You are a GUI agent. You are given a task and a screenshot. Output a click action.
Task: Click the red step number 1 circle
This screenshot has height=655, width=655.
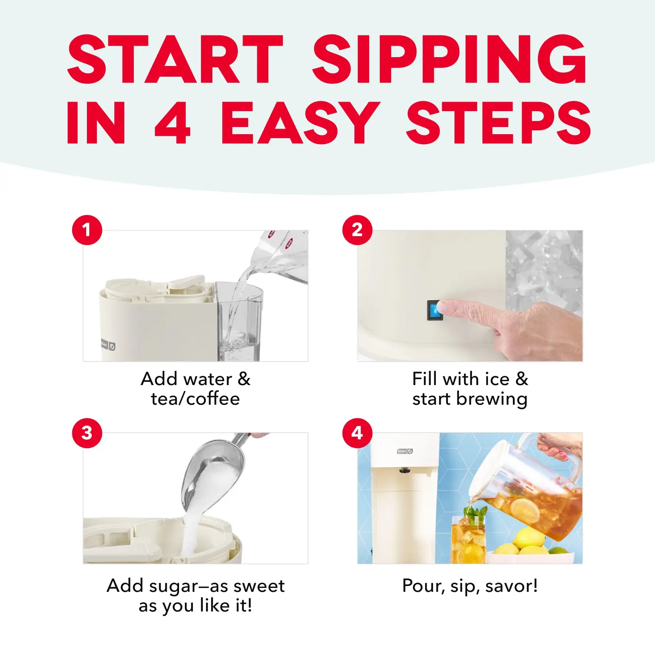click(87, 230)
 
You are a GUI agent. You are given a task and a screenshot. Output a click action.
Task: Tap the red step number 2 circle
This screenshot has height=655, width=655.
click(357, 230)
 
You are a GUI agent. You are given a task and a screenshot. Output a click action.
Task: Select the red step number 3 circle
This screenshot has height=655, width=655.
click(87, 433)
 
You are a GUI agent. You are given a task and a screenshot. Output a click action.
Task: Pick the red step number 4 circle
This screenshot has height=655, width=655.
click(357, 433)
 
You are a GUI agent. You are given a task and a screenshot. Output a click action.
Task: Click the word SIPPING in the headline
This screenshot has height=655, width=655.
click(449, 59)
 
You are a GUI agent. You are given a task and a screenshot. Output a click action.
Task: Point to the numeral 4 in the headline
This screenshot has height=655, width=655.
click(173, 122)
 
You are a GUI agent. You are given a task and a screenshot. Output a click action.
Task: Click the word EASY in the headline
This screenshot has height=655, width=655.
click(300, 122)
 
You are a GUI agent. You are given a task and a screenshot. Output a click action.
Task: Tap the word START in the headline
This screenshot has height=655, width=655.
click(175, 59)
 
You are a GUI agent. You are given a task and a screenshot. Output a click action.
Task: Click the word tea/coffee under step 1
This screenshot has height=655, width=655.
click(195, 399)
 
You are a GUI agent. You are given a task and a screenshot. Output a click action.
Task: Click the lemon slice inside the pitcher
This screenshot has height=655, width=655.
click(525, 511)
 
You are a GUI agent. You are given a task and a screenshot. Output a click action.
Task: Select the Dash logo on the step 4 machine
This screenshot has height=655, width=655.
click(405, 451)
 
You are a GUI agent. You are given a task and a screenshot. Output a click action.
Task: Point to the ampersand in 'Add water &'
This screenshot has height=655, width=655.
click(244, 379)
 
